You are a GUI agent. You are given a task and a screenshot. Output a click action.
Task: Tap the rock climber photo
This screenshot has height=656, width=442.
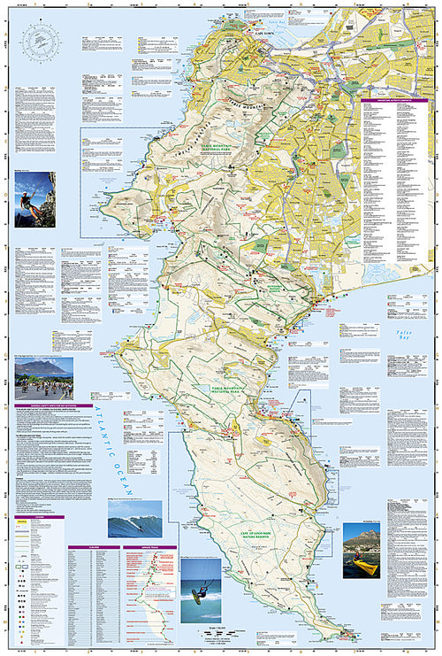coord(34,199)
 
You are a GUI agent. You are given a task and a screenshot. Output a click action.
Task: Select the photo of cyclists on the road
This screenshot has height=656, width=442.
coord(42,379)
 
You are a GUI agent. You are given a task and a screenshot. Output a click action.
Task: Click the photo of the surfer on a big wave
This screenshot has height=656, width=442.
coord(134,520)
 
